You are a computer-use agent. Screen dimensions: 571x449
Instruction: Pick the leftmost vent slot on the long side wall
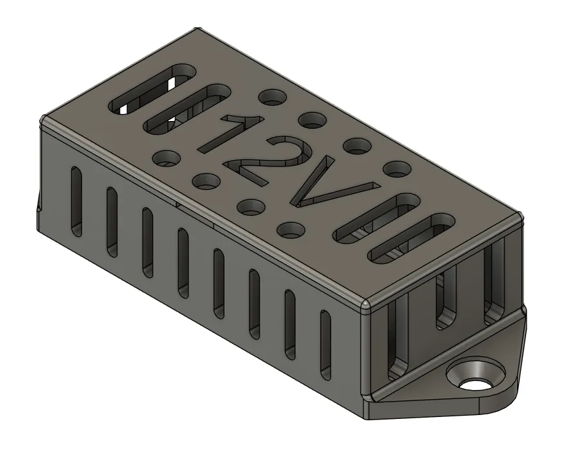76,201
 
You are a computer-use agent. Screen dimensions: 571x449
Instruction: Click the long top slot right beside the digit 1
187,109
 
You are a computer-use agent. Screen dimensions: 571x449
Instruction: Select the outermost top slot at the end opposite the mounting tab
152,90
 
